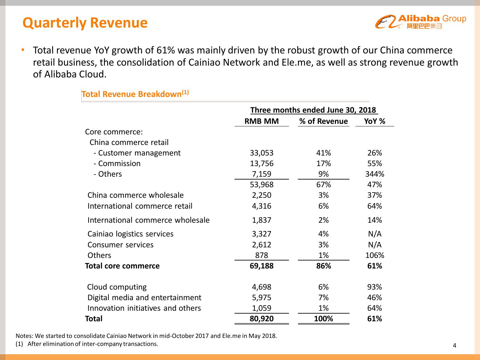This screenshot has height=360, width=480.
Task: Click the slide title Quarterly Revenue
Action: pyautogui.click(x=85, y=23)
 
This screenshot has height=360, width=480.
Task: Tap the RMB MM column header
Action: pyautogui.click(x=261, y=121)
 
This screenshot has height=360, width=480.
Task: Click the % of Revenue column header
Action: pyautogui.click(x=323, y=121)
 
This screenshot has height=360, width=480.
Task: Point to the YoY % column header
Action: pyautogui.click(x=374, y=121)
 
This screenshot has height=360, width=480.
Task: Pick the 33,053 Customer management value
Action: pyautogui.click(x=261, y=153)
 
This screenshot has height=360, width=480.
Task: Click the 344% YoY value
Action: pyautogui.click(x=374, y=174)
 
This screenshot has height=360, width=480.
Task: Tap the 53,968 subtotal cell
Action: pyautogui.click(x=261, y=185)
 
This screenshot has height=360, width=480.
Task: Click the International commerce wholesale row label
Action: pyautogui.click(x=148, y=220)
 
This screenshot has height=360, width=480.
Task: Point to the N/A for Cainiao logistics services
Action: pyautogui.click(x=374, y=234)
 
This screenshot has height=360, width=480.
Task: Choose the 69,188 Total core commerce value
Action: pyautogui.click(x=261, y=266)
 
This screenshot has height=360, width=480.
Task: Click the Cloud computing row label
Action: pyautogui.click(x=117, y=287)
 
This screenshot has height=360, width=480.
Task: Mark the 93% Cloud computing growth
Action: pyautogui.click(x=374, y=287)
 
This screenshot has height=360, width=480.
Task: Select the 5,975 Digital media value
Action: pyautogui.click(x=261, y=298)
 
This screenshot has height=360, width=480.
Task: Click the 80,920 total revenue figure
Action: pyautogui.click(x=261, y=319)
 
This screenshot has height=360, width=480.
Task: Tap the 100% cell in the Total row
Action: pyautogui.click(x=323, y=319)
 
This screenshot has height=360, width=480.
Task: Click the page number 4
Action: pyautogui.click(x=454, y=345)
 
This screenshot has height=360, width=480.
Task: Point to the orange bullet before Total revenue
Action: pyautogui.click(x=23, y=50)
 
